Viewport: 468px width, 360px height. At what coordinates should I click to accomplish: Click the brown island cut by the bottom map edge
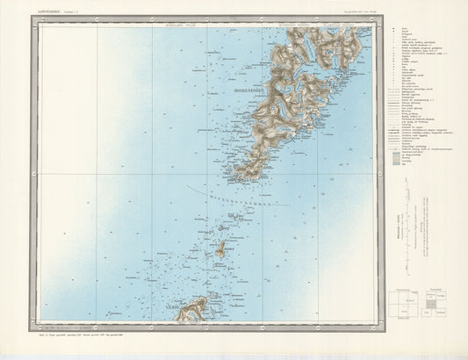[192, 309]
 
